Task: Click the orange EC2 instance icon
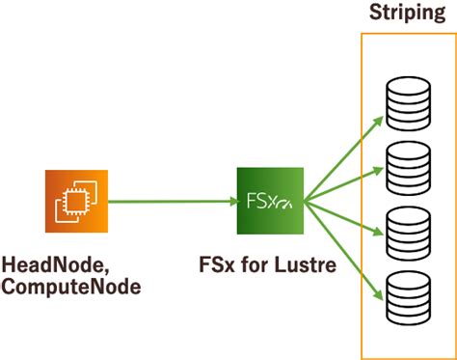(x=77, y=202)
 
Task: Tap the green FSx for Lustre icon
(x=270, y=202)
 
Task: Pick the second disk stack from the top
(x=405, y=165)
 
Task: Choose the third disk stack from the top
(x=405, y=231)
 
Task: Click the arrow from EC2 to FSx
(x=174, y=202)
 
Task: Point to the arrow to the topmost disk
(x=339, y=155)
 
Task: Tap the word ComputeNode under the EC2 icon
(x=70, y=287)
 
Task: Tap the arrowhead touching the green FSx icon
(x=232, y=202)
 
